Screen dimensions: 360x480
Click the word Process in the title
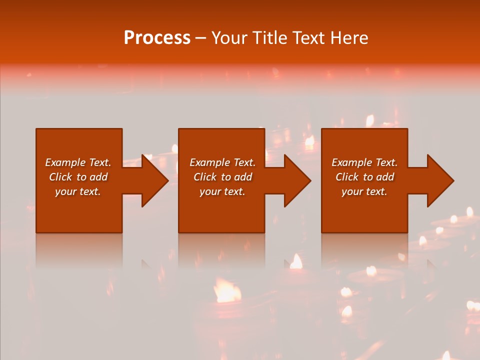point(157,38)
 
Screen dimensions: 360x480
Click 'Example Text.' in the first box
point(78,162)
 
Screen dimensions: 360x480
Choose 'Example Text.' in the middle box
point(222,162)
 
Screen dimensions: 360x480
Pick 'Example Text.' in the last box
point(364,162)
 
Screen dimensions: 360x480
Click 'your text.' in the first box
point(78,191)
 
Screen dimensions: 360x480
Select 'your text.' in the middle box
point(222,191)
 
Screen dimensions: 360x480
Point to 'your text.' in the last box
point(364,191)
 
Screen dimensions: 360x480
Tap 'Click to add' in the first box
point(78,177)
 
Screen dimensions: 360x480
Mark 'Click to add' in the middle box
point(222,177)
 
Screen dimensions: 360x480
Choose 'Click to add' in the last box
point(364,177)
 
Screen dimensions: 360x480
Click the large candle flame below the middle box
point(226,290)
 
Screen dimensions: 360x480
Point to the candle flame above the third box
point(370,120)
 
